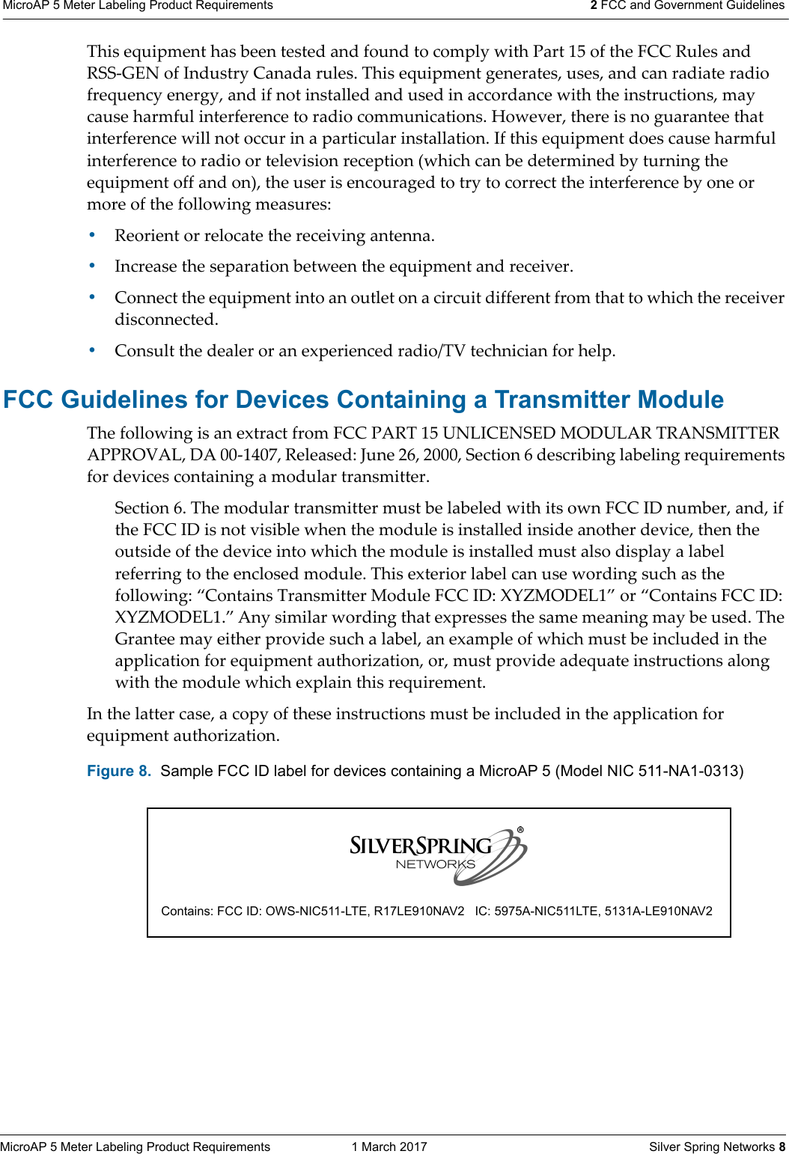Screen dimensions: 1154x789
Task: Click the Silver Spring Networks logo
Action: (x=438, y=856)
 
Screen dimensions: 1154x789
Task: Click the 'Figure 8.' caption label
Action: (x=119, y=771)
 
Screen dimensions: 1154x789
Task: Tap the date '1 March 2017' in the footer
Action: (x=389, y=1147)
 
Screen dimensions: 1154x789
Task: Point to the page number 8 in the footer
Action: (x=782, y=1147)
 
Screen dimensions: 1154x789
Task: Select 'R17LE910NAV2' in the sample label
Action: (x=419, y=911)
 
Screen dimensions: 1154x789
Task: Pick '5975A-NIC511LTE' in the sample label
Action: (x=546, y=911)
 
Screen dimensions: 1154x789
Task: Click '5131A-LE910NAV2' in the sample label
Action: (x=659, y=911)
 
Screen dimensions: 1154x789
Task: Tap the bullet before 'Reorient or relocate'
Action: (x=92, y=235)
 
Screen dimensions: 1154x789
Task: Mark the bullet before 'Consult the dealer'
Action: (x=92, y=350)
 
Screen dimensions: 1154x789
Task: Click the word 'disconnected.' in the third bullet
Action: (x=166, y=320)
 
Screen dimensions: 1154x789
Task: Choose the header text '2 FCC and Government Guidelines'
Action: (x=687, y=6)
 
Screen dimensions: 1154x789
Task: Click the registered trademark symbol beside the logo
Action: (x=520, y=830)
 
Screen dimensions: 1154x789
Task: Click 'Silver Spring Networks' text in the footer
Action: (x=711, y=1147)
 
